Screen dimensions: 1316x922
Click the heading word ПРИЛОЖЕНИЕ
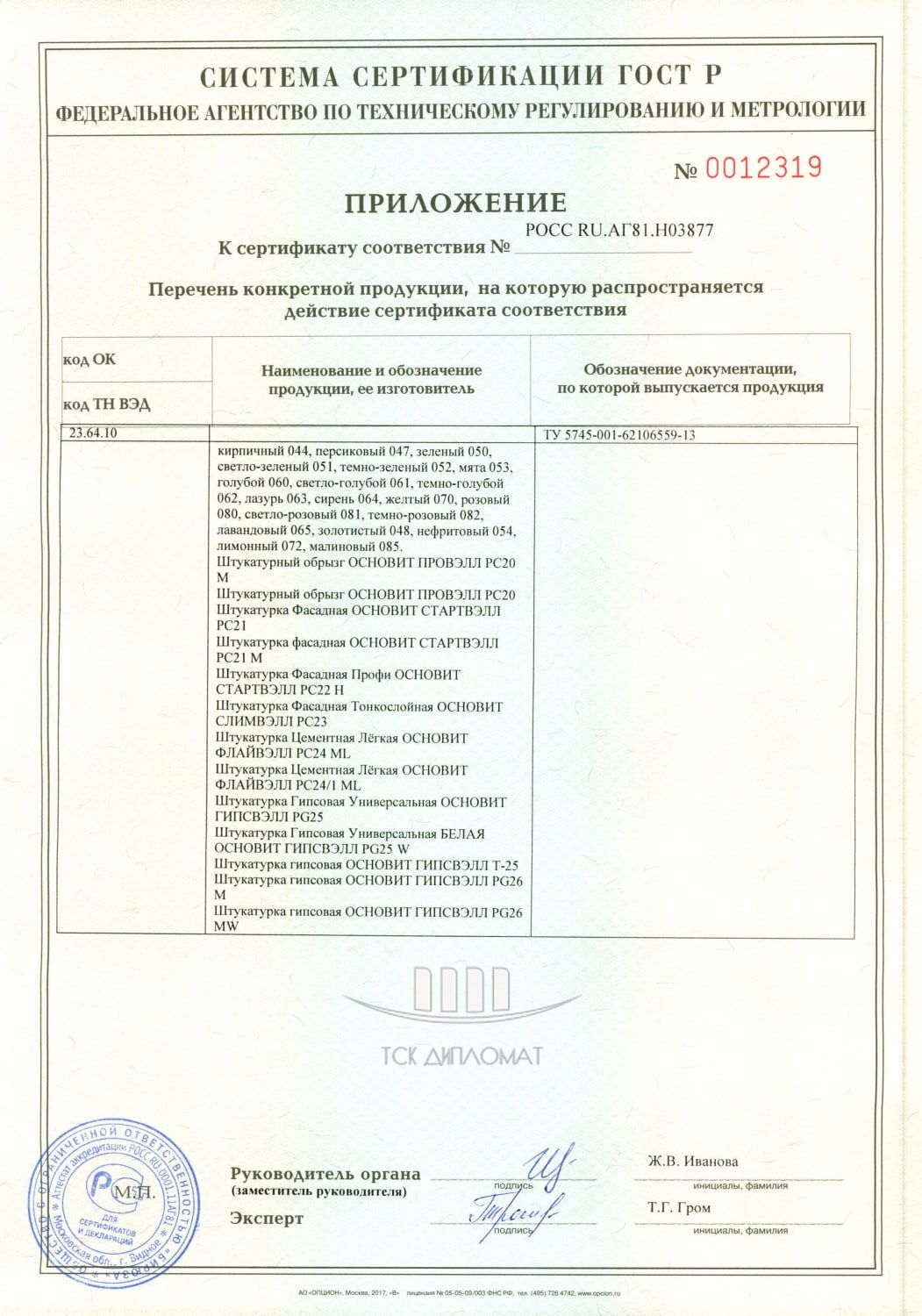454,204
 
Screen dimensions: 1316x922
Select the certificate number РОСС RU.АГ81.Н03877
618,231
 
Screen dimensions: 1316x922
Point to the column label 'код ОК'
89,360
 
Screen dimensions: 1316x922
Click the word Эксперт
267,1219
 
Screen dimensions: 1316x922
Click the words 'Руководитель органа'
325,1174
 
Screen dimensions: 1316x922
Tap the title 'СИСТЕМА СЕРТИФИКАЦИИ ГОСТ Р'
461,77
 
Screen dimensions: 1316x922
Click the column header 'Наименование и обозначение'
371,371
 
